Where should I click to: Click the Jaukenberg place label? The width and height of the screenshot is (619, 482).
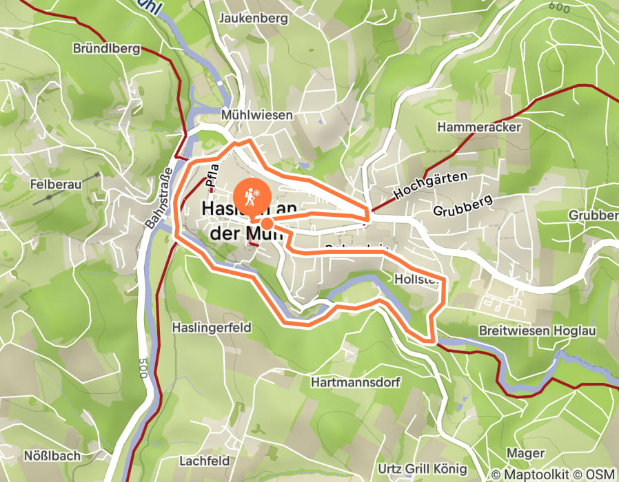(x=252, y=19)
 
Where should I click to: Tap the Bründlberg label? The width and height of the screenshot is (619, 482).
(x=106, y=49)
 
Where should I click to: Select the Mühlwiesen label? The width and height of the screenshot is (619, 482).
(x=256, y=115)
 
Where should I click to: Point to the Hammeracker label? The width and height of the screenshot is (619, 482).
(x=479, y=127)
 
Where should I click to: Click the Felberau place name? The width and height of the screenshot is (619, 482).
(x=56, y=185)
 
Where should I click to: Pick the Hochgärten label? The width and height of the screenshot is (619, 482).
(x=429, y=186)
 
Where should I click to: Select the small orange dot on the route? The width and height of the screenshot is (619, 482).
(x=266, y=223)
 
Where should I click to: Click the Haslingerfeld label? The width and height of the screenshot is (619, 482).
(x=212, y=327)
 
